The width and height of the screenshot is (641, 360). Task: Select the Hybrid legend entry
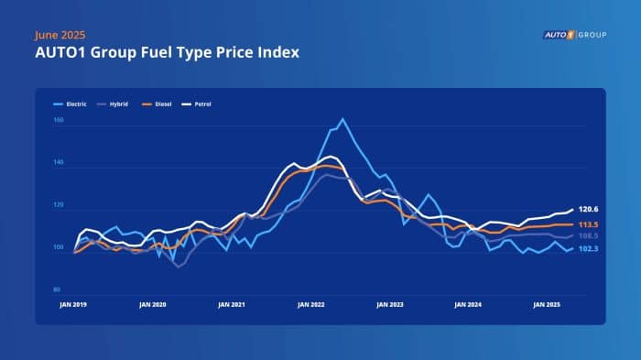tap(117, 104)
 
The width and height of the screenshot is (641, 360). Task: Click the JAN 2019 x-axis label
tap(73, 303)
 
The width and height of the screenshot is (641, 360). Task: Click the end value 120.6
tap(588, 210)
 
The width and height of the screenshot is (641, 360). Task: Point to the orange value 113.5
tap(588, 224)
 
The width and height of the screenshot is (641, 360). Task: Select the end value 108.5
tap(588, 236)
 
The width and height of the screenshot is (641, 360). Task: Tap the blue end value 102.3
tap(588, 249)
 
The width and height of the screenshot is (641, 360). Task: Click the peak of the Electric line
tap(342, 119)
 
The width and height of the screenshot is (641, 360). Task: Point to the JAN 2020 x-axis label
tap(152, 303)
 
